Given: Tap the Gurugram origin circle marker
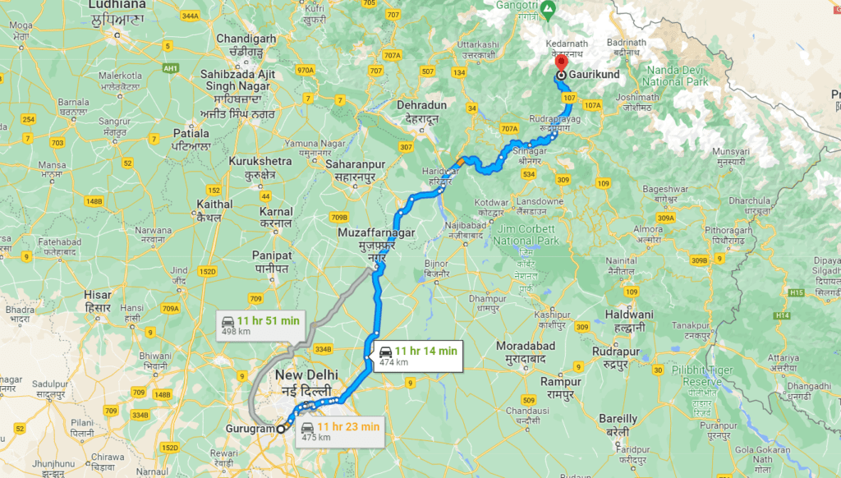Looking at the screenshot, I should pyautogui.click(x=281, y=428).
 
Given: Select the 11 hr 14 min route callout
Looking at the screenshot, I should pyautogui.click(x=416, y=356).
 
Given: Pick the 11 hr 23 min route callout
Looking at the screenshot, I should pyautogui.click(x=339, y=430).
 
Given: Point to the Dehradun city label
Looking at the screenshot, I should pyautogui.click(x=421, y=111).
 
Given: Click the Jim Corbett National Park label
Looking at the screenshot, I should pyautogui.click(x=526, y=235).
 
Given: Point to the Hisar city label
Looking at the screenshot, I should pyautogui.click(x=98, y=300).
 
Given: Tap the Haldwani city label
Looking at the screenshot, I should pyautogui.click(x=629, y=320).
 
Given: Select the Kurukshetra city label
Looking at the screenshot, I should pyautogui.click(x=260, y=167).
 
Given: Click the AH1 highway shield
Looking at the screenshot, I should pyautogui.click(x=171, y=67).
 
